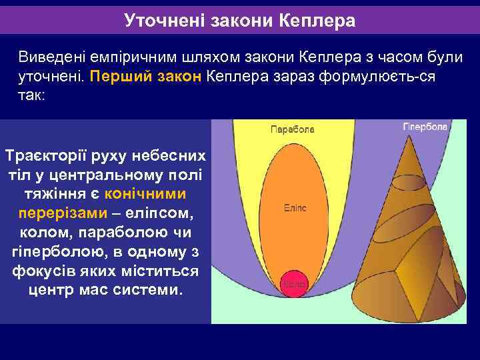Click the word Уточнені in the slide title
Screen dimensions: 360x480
165,21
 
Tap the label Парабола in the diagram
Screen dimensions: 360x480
292,129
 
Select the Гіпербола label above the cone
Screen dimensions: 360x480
425,127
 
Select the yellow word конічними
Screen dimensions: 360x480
145,193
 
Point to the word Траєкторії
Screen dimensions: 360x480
45,155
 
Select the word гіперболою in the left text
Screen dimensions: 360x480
54,253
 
